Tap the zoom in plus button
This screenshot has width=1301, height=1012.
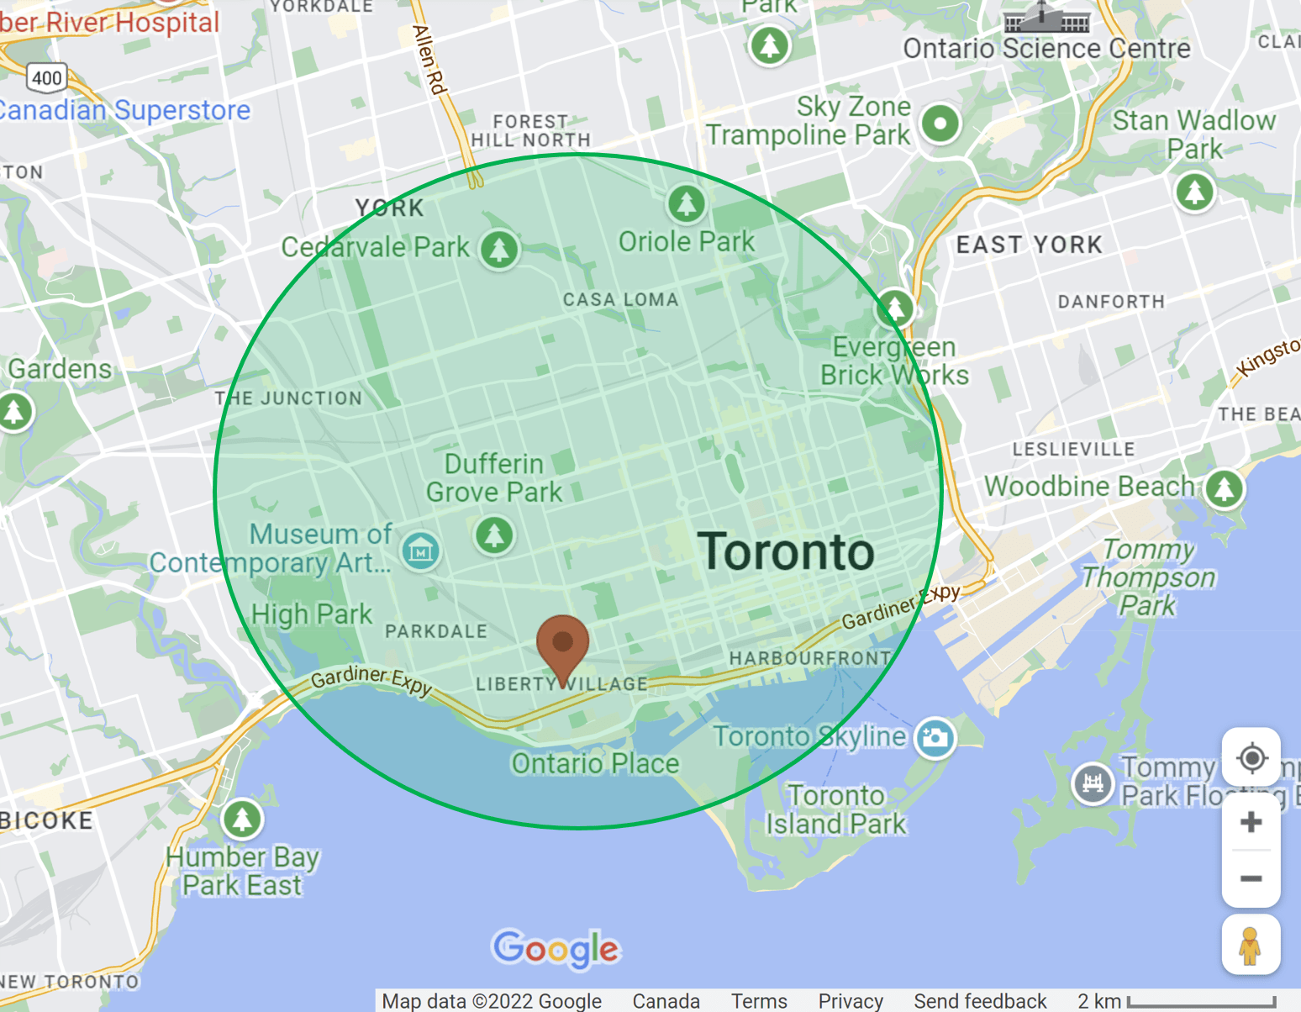1251,821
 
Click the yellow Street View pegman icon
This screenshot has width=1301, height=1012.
1250,946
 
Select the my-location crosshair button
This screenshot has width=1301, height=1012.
1251,757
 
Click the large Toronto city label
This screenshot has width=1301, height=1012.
786,552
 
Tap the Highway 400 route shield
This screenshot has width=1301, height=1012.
47,78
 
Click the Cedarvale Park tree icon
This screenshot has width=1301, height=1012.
500,249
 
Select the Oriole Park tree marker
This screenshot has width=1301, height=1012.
687,203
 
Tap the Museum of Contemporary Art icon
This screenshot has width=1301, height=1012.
419,551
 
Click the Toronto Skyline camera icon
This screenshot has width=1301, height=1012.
935,738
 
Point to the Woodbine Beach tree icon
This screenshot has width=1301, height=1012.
1224,488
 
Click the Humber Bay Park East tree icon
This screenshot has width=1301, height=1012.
242,818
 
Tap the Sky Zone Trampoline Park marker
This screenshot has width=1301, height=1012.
940,124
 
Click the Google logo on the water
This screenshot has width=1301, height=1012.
556,949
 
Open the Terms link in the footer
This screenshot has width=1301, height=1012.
759,1001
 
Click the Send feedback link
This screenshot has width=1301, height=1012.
980,1001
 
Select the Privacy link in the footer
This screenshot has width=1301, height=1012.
851,1001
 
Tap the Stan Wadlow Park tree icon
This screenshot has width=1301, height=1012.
1194,191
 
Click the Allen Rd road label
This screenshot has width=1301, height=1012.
429,59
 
